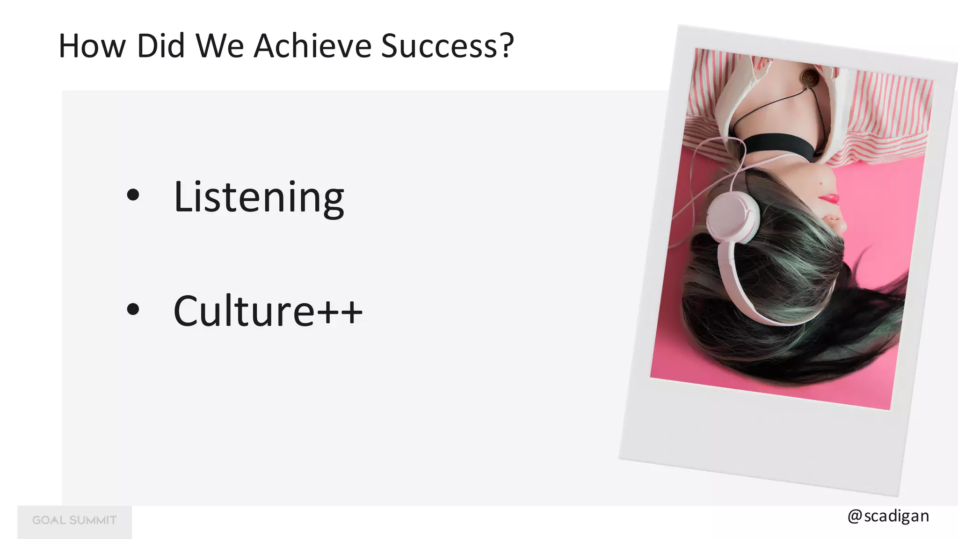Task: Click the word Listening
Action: coord(259,197)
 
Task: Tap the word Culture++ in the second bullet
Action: coord(268,311)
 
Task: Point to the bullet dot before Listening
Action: coord(133,195)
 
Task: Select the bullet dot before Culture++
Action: coord(133,309)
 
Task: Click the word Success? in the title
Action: coord(447,46)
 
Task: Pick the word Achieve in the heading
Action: coord(312,46)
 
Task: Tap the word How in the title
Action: coord(92,46)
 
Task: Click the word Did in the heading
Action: coord(160,46)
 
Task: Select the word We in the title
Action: coord(220,46)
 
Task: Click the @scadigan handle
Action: coord(888,516)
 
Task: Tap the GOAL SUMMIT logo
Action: coord(74,520)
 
